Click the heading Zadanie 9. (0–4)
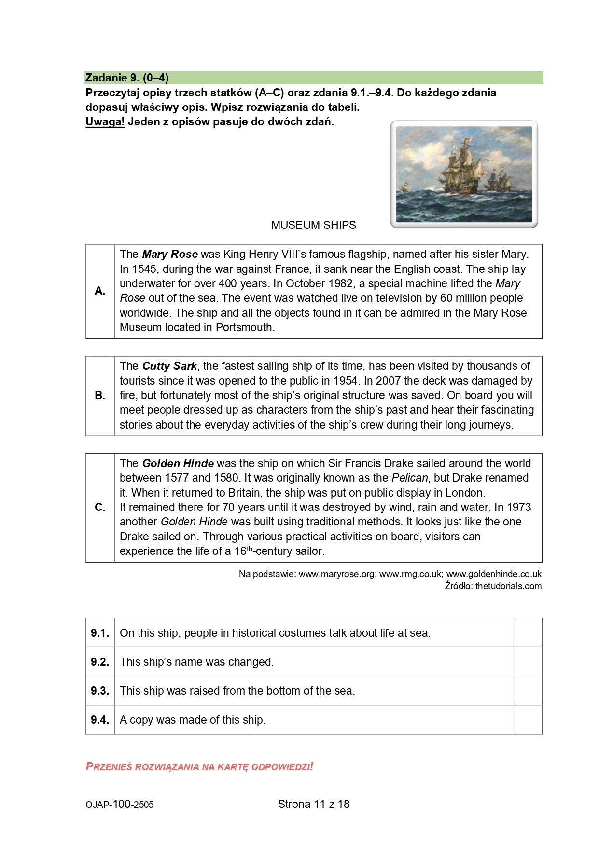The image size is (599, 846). [127, 78]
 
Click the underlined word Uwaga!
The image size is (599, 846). [105, 121]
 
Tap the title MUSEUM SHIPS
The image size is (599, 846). [313, 225]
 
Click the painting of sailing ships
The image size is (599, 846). [463, 174]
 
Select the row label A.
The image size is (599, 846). [100, 291]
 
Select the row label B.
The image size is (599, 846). [100, 396]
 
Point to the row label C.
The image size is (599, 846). [100, 507]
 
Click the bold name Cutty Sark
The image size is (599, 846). [169, 366]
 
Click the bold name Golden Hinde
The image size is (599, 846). [178, 463]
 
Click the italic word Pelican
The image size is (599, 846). [409, 478]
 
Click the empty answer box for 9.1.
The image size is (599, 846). [528, 632]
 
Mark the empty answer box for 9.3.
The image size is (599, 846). [528, 690]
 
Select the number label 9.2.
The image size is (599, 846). [100, 662]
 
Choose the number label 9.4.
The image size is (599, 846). [100, 720]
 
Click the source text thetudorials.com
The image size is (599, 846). [508, 586]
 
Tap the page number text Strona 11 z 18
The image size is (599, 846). [314, 804]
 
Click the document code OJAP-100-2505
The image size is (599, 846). [120, 805]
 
